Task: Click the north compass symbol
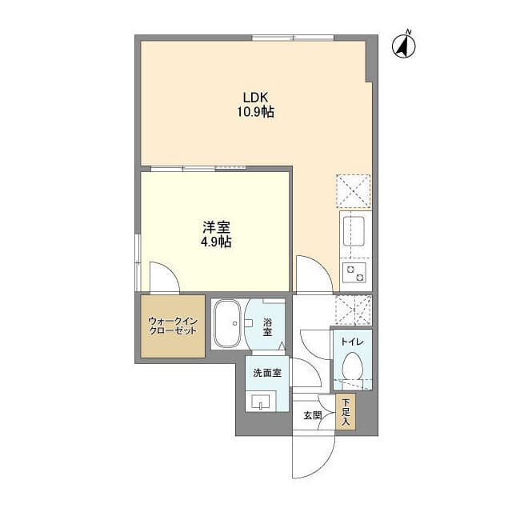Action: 403,45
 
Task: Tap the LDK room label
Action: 255,98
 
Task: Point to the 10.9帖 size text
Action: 255,112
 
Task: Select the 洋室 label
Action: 216,227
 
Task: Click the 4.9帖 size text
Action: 216,242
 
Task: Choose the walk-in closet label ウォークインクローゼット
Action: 173,326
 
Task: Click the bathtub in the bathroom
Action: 227,323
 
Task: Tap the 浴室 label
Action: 267,327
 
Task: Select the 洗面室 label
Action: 267,373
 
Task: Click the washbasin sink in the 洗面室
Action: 261,402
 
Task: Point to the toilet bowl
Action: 352,366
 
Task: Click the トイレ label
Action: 352,342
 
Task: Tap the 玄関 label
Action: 313,415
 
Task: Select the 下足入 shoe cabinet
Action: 346,412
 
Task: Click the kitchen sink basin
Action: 352,231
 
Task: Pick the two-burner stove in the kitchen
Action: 354,273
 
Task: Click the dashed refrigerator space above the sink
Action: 354,191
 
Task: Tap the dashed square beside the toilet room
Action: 354,310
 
